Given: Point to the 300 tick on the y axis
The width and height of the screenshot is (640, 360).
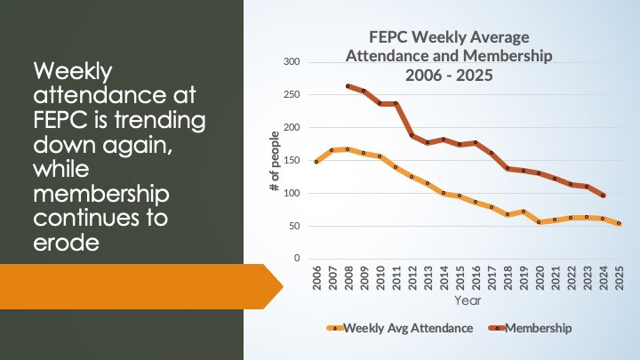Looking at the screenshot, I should click(x=292, y=61).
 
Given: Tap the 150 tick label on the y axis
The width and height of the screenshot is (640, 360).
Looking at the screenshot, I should click(x=292, y=160).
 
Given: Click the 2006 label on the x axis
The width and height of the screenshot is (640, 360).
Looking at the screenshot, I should click(x=316, y=276).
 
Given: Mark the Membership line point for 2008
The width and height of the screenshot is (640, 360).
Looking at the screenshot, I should click(x=348, y=86).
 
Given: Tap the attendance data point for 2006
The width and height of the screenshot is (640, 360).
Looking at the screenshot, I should click(x=316, y=162).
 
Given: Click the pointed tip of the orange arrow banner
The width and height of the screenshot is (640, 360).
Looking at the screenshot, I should click(x=283, y=287).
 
